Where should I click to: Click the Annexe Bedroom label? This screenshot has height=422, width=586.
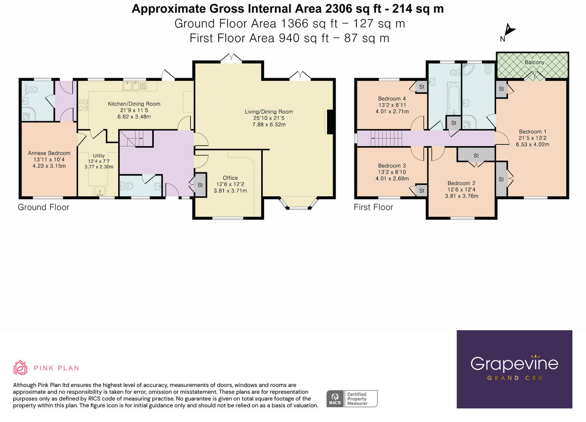point(49,153)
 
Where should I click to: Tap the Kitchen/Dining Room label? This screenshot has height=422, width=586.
point(134,104)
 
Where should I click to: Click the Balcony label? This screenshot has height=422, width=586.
point(535,63)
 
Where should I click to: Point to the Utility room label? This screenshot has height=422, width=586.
point(99,155)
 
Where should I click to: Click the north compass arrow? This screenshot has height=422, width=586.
point(510,31)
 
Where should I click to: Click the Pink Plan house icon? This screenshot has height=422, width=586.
point(20,368)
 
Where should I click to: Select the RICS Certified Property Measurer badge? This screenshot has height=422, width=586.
point(353,398)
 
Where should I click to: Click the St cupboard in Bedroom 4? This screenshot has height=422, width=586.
point(421,87)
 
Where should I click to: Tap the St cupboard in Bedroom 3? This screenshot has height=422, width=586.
point(421,190)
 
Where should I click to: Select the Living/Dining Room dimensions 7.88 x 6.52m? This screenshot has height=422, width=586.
point(269,125)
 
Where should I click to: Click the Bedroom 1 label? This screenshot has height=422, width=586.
point(532,132)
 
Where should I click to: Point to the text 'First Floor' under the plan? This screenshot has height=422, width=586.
point(373,208)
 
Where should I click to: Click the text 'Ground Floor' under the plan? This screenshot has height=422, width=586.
point(43,208)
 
